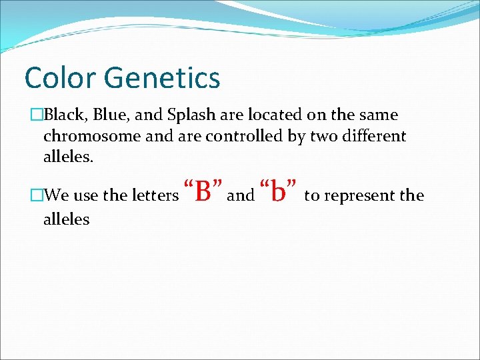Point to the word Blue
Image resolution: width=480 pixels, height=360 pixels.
point(111,115)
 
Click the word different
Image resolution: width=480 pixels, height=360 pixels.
point(375,137)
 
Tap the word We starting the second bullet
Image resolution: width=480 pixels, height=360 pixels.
point(57,196)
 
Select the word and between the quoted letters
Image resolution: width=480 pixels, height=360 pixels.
point(241,196)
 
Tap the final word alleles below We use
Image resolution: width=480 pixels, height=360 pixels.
point(66,219)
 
